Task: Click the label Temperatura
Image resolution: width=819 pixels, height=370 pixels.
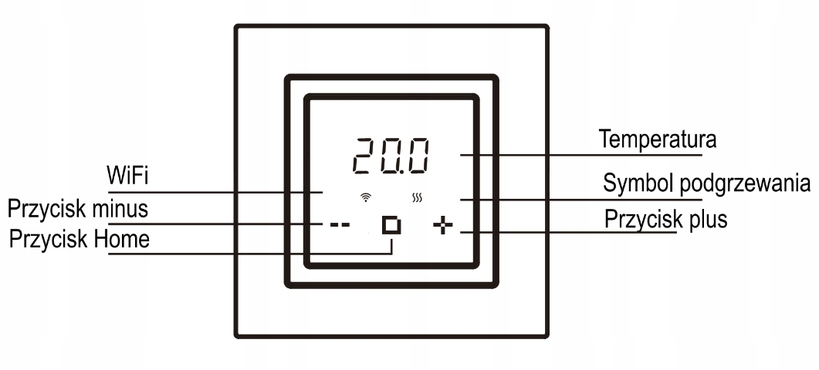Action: click(x=658, y=140)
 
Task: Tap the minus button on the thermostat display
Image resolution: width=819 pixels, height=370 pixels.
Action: click(x=340, y=226)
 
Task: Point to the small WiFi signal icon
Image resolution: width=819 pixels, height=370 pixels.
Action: click(x=365, y=198)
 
